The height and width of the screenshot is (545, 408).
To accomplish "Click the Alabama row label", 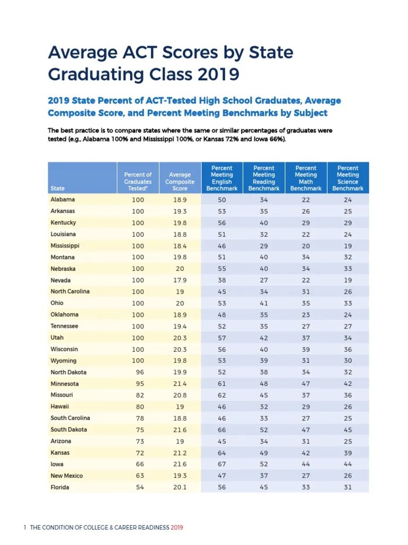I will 63,200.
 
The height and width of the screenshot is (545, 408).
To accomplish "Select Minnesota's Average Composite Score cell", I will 180,384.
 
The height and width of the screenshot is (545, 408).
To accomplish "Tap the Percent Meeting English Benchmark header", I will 222,178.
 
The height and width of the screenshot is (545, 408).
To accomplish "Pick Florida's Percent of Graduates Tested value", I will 138,488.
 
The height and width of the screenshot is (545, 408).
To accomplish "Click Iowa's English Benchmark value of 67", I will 222,465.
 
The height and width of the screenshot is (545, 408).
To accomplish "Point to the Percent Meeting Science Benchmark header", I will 348,178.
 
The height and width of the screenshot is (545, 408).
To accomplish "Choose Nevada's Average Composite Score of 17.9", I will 180,280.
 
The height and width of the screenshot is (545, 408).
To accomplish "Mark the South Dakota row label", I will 69,430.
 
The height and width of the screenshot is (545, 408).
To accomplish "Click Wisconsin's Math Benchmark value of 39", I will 306,350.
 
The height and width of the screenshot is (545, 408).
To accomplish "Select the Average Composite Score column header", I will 180,181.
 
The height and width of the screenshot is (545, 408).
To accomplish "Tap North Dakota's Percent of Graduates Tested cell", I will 138,373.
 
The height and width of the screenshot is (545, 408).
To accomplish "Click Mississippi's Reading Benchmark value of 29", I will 264,246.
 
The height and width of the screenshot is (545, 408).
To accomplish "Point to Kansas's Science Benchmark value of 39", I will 348,453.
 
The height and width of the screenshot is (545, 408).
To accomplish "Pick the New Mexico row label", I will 66,476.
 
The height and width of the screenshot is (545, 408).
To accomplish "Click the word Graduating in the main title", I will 92,73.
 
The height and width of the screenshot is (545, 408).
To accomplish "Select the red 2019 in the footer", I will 177,527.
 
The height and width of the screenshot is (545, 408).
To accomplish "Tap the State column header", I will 58,188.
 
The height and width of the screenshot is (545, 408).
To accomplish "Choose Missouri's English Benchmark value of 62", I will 222,395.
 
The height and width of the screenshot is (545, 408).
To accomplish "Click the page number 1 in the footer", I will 25,527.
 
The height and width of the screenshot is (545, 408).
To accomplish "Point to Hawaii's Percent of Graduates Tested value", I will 138,407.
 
